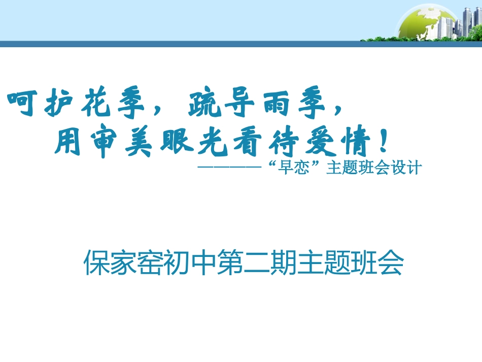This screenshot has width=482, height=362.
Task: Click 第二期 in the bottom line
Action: click(x=258, y=263)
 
